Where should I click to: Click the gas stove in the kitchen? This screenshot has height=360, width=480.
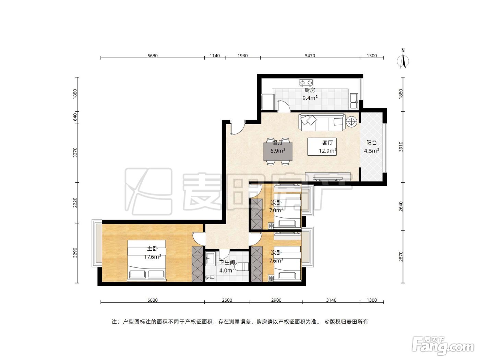click(306, 83)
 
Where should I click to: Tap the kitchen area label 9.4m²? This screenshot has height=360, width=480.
click(310, 98)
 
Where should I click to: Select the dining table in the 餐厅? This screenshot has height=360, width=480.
click(278, 151)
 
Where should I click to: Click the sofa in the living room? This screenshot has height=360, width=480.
click(322, 122)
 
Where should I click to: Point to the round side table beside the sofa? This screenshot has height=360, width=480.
click(351, 121)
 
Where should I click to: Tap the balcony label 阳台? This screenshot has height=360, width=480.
click(371, 143)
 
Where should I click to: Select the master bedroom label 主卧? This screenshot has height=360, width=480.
click(152, 249)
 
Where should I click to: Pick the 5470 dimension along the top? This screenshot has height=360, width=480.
click(310, 56)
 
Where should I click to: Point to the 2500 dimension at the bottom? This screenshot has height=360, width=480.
click(227, 300)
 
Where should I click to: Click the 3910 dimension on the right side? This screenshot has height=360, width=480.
click(400, 147)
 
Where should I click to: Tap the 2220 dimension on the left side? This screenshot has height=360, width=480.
click(75, 203)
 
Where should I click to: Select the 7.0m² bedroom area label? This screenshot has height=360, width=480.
click(276, 210)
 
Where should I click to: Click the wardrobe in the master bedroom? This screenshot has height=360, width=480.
click(197, 264)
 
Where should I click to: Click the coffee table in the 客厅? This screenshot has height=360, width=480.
click(322, 147)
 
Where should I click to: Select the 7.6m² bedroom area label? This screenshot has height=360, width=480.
click(276, 261)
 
